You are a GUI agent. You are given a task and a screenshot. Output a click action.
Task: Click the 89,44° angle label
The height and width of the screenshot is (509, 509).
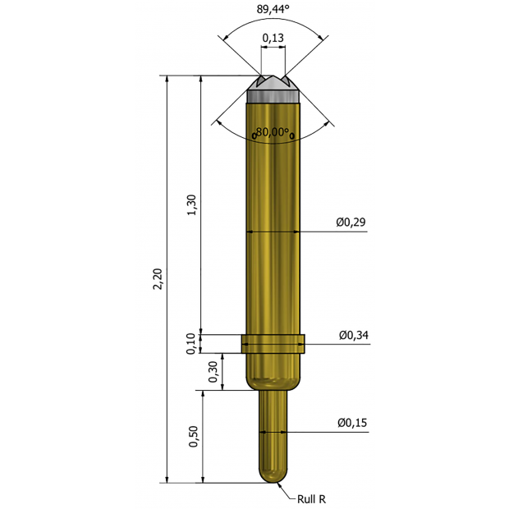coord(273,9)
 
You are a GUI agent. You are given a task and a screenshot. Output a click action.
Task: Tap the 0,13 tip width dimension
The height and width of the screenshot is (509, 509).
coord(273,38)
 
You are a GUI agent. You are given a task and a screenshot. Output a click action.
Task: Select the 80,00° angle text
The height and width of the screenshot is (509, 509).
coord(273,132)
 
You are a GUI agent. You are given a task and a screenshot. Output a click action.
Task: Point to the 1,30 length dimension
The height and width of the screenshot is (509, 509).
coord(192,204)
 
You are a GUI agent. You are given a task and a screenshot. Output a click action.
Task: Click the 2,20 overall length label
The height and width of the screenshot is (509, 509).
coord(158,279)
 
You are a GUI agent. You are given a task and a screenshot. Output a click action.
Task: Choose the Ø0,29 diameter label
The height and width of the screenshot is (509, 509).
coord(351,222)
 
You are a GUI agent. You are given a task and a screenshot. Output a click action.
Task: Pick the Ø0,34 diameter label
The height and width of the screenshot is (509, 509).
coord(354,335)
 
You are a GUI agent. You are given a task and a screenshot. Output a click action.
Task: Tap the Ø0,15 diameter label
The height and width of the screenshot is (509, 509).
coord(352,423)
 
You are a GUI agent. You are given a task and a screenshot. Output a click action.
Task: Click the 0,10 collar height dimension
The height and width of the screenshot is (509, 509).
coord(191,344)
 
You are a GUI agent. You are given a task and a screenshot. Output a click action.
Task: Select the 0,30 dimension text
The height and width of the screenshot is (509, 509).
coord(213,372)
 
